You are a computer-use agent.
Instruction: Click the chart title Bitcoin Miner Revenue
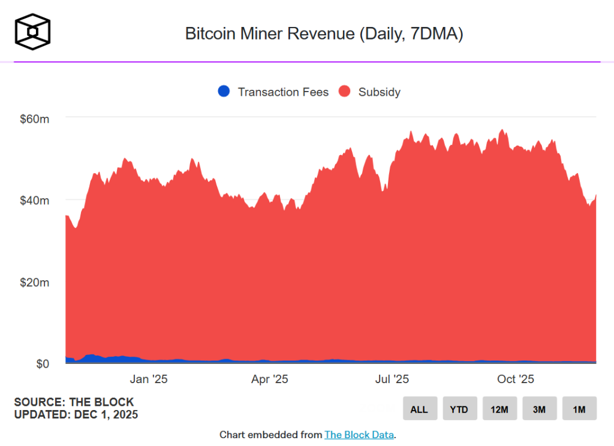click(x=324, y=34)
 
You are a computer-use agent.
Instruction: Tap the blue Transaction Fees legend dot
click(x=224, y=92)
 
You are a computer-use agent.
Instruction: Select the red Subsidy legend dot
click(x=344, y=92)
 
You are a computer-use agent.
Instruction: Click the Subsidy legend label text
click(x=379, y=92)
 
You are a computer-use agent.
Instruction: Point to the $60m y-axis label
click(x=35, y=119)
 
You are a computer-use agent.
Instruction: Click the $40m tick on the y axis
click(x=35, y=200)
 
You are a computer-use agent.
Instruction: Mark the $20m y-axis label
click(x=35, y=282)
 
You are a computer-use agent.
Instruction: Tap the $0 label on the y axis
click(x=41, y=363)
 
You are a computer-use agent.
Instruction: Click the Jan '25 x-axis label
click(x=149, y=379)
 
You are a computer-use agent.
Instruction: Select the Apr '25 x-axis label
click(x=270, y=379)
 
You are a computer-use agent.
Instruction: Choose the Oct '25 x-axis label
click(x=515, y=379)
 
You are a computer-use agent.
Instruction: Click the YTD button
click(x=459, y=409)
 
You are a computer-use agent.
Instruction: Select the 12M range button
click(x=499, y=409)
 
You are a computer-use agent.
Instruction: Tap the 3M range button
click(x=539, y=409)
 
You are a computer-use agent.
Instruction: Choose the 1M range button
click(x=579, y=409)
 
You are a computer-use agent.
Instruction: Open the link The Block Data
click(x=359, y=435)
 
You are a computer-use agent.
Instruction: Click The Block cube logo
click(x=33, y=31)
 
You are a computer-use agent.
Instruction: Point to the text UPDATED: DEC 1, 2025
click(x=76, y=414)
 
